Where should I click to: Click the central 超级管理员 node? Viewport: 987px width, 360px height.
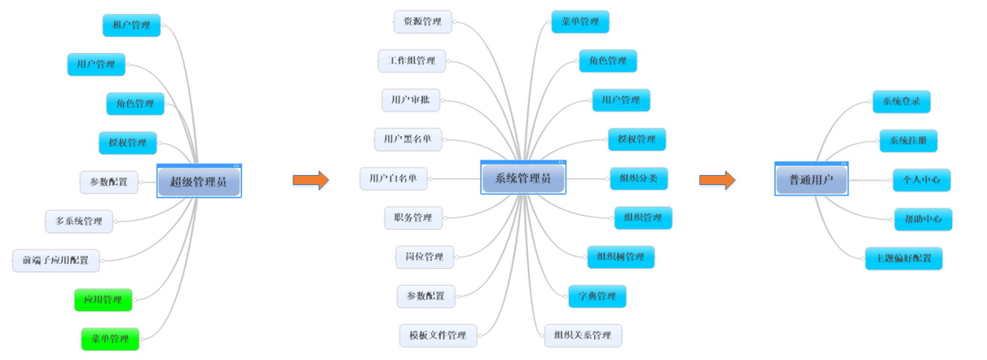click(199, 182)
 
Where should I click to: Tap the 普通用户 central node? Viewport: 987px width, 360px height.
click(811, 180)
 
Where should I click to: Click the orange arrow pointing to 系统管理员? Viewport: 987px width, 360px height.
click(310, 180)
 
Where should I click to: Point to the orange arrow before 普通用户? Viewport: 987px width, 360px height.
click(716, 180)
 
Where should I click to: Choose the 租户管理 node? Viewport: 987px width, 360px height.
click(131, 25)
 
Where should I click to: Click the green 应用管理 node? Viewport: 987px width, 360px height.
click(103, 299)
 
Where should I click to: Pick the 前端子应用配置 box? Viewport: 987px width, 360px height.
click(56, 260)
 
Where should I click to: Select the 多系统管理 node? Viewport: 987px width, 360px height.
click(79, 221)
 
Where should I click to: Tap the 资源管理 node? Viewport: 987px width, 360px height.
click(422, 22)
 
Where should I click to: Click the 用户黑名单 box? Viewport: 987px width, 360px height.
click(408, 139)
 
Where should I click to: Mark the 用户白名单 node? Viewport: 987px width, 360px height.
click(394, 178)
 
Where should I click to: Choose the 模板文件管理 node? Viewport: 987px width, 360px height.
click(438, 335)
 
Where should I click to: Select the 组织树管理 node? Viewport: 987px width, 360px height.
click(621, 257)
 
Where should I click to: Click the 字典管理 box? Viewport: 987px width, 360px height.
click(597, 296)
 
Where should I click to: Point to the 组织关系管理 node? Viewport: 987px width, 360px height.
click(583, 335)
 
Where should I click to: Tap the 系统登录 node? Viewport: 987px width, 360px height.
click(901, 101)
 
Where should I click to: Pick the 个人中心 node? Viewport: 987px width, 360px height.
click(921, 180)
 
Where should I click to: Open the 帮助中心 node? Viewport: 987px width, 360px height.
click(922, 219)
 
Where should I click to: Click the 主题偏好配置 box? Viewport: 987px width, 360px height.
click(903, 258)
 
